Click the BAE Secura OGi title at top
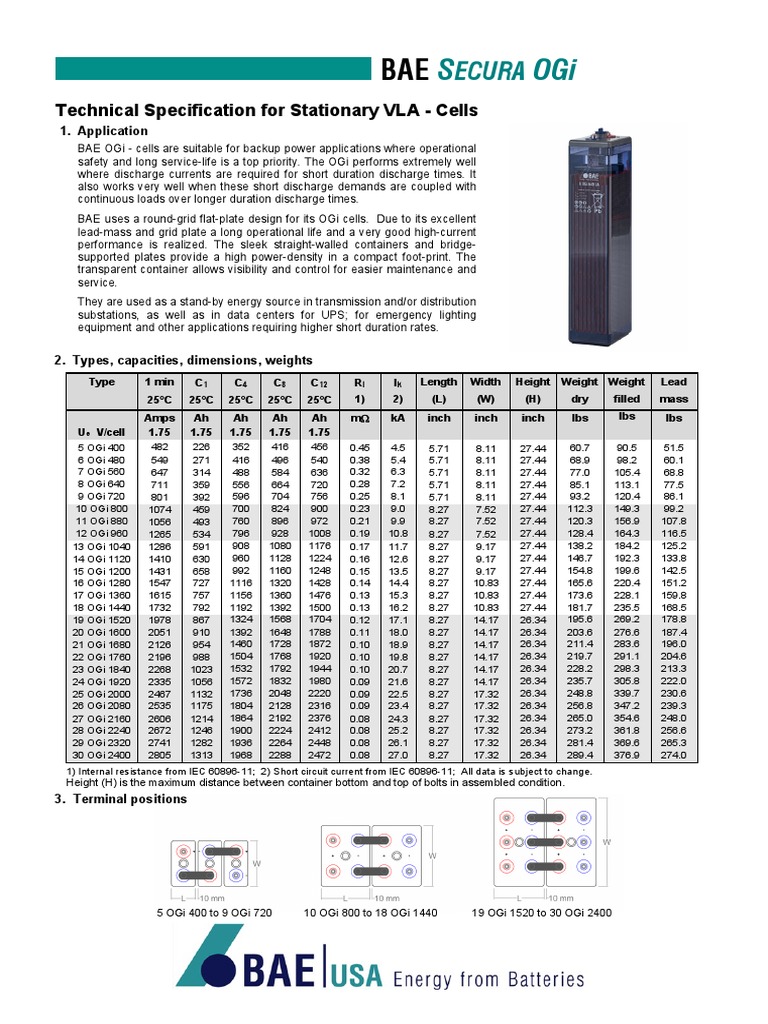[478, 68]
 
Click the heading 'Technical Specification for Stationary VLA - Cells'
[265, 109]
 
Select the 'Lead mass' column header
[673, 389]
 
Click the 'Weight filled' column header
[626, 389]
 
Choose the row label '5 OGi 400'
[102, 447]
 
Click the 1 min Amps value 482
[159, 447]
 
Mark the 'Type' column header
[102, 382]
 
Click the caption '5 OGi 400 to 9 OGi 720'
[213, 913]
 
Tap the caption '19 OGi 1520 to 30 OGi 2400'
[541, 913]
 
